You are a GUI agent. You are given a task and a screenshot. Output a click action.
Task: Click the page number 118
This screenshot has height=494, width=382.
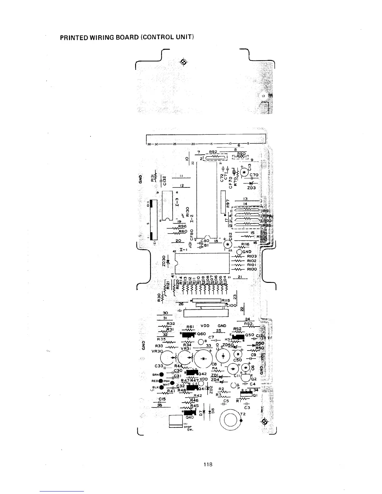click(208, 464)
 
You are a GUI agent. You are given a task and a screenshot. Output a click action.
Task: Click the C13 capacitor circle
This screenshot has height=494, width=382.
click(245, 172)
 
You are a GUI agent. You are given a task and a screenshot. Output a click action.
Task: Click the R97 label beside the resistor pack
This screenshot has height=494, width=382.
click(228, 203)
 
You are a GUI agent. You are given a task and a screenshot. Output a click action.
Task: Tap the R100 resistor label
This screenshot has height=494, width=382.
click(252, 269)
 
